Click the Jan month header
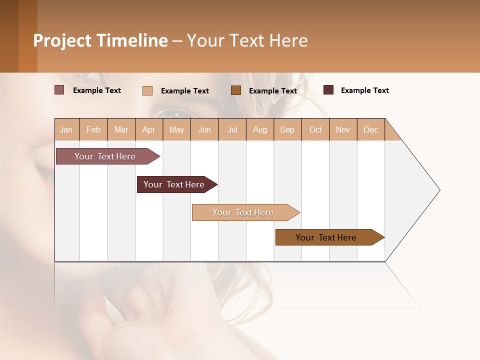click(66, 129)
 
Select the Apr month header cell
click(149, 129)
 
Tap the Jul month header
click(232, 129)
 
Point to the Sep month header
click(287, 129)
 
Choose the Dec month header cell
click(370, 129)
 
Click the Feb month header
click(93, 129)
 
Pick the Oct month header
click(315, 129)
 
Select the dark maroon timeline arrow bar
click(175, 184)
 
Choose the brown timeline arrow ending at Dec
click(328, 237)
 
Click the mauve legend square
click(59, 90)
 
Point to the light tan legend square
click(147, 90)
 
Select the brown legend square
click(236, 90)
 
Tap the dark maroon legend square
click(328, 90)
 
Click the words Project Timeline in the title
click(100, 40)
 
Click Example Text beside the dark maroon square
click(364, 90)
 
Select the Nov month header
click(343, 129)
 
